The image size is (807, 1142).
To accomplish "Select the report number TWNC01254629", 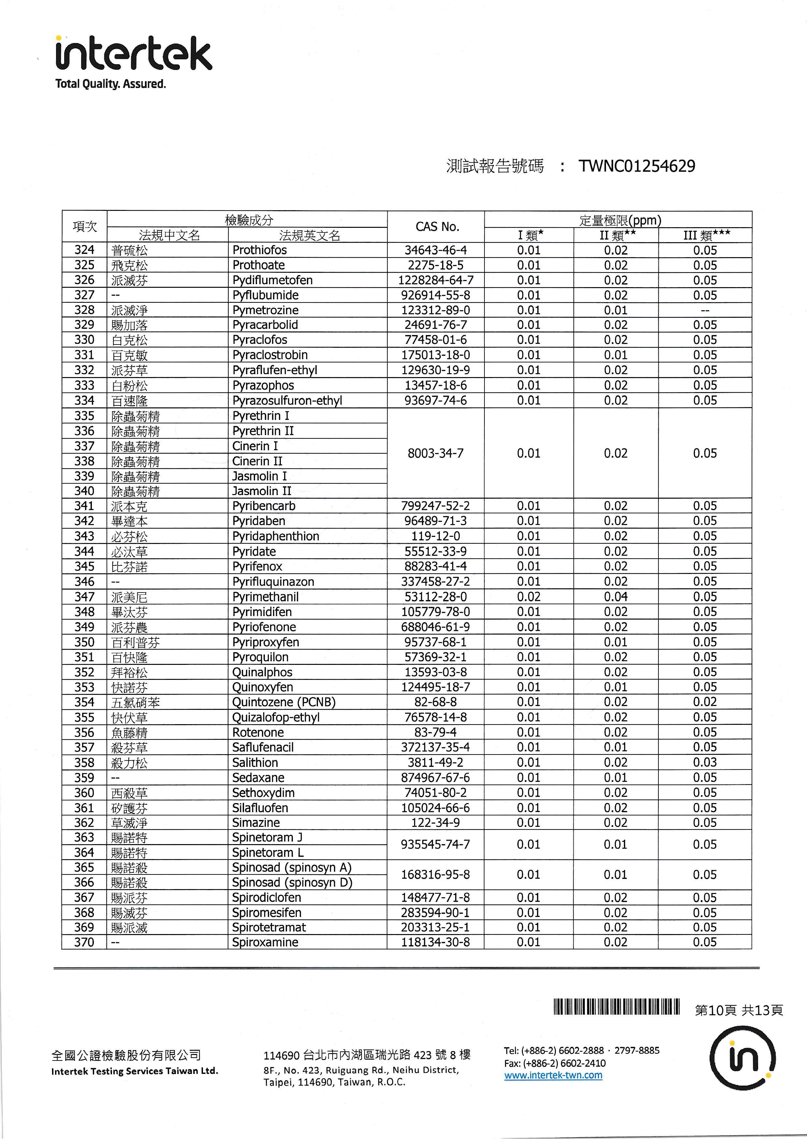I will tap(637, 166).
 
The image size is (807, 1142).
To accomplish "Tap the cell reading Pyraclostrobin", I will tap(270, 355).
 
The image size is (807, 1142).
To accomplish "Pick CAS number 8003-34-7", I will tap(436, 453).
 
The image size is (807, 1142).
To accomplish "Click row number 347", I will tap(84, 597).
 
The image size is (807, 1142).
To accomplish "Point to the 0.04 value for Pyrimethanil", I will tap(615, 597).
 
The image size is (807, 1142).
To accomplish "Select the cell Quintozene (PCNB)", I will tap(284, 702).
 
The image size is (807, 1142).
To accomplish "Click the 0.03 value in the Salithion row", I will tap(705, 763).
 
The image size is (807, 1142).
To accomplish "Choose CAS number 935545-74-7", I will tap(436, 844).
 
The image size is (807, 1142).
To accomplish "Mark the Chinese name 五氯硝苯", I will tap(135, 703).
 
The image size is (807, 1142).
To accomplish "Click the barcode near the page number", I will tap(616, 1007).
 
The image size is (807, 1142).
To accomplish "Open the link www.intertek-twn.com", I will tap(553, 1075).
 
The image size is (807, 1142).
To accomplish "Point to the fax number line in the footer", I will tap(555, 1063).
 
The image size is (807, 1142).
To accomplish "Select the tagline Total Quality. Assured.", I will tap(110, 84).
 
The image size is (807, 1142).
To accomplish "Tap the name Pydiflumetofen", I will tap(272, 281).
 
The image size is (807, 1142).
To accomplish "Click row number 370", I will tap(84, 943).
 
